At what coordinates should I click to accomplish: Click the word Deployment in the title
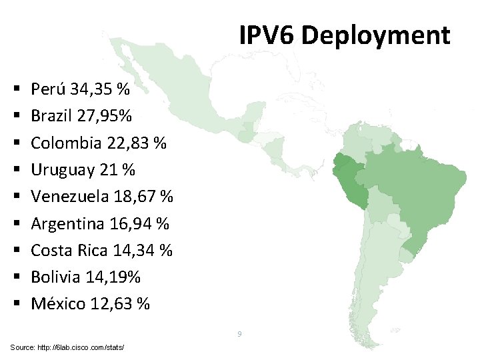(375, 35)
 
